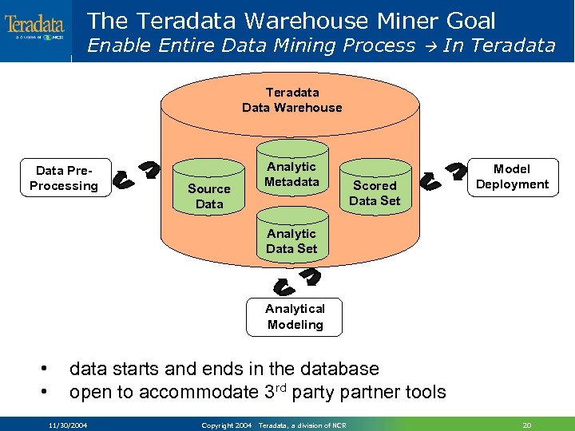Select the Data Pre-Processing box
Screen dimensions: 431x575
[64, 178]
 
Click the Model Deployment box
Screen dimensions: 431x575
[512, 176]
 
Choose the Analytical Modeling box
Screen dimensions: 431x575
[295, 317]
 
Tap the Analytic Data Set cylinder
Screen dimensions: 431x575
[291, 239]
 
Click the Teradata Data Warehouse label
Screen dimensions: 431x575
[291, 100]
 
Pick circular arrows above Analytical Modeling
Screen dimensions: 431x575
[296, 281]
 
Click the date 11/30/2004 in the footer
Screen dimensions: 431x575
[68, 425]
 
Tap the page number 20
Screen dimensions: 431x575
[526, 425]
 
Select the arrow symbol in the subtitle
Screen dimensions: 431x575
[429, 46]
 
